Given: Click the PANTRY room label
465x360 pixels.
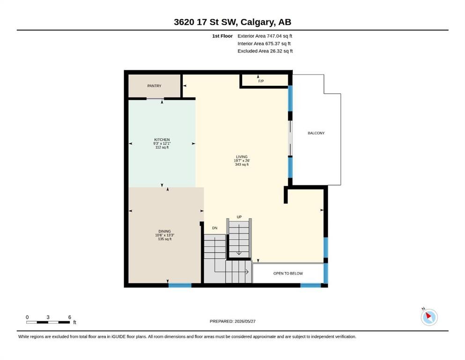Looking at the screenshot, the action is (x=154, y=86).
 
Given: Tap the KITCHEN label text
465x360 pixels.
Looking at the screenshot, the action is (x=162, y=140).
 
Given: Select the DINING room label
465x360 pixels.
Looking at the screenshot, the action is (x=164, y=231).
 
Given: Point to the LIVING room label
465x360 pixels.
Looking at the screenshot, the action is (x=242, y=157).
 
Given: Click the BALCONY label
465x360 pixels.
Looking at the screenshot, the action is (x=316, y=133).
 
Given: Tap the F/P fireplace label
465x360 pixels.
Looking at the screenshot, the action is (x=261, y=81).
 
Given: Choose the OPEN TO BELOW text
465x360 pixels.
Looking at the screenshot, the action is (x=288, y=273).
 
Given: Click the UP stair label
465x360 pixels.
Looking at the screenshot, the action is (x=239, y=217).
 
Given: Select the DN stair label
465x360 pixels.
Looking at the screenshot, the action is (x=215, y=228).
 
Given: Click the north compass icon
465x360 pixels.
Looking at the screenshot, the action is (x=429, y=317).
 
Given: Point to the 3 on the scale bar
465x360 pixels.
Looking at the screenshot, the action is (x=48, y=317).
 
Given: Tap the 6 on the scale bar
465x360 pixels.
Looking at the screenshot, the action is (x=70, y=317).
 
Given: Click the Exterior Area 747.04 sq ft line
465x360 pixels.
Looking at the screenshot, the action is (x=265, y=36).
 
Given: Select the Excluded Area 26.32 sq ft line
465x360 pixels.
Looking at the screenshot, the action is (x=265, y=51).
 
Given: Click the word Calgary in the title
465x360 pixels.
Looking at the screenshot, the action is (x=257, y=22).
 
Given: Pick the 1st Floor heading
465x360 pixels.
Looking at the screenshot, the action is (x=222, y=36).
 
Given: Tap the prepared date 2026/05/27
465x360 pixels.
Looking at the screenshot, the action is (x=245, y=321).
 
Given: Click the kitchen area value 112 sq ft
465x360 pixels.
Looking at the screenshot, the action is (x=162, y=147).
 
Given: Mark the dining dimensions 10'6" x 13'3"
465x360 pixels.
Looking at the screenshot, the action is (x=164, y=235).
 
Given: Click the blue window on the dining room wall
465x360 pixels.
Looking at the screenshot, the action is (x=180, y=285).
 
